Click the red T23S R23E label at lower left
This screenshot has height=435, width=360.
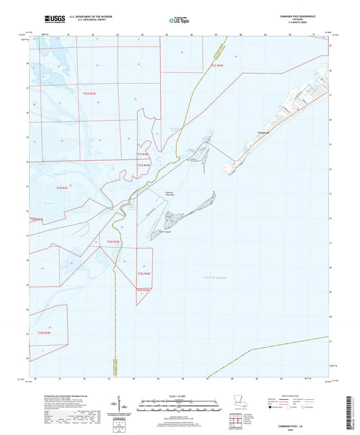point(45,332)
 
